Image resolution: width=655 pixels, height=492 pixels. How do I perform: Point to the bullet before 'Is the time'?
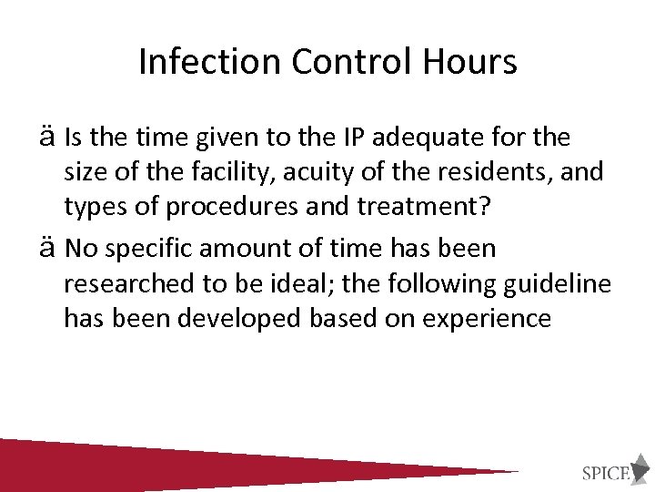coord(49,138)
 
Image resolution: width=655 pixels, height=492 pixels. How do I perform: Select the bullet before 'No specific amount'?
coord(49,248)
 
